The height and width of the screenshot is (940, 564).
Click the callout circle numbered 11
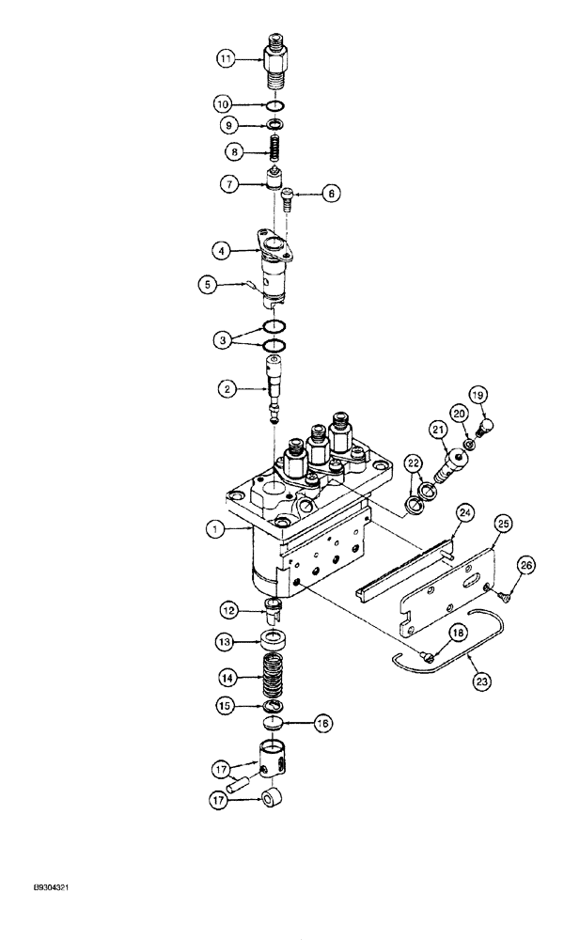pos(226,58)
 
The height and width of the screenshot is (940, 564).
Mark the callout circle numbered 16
pos(321,725)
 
